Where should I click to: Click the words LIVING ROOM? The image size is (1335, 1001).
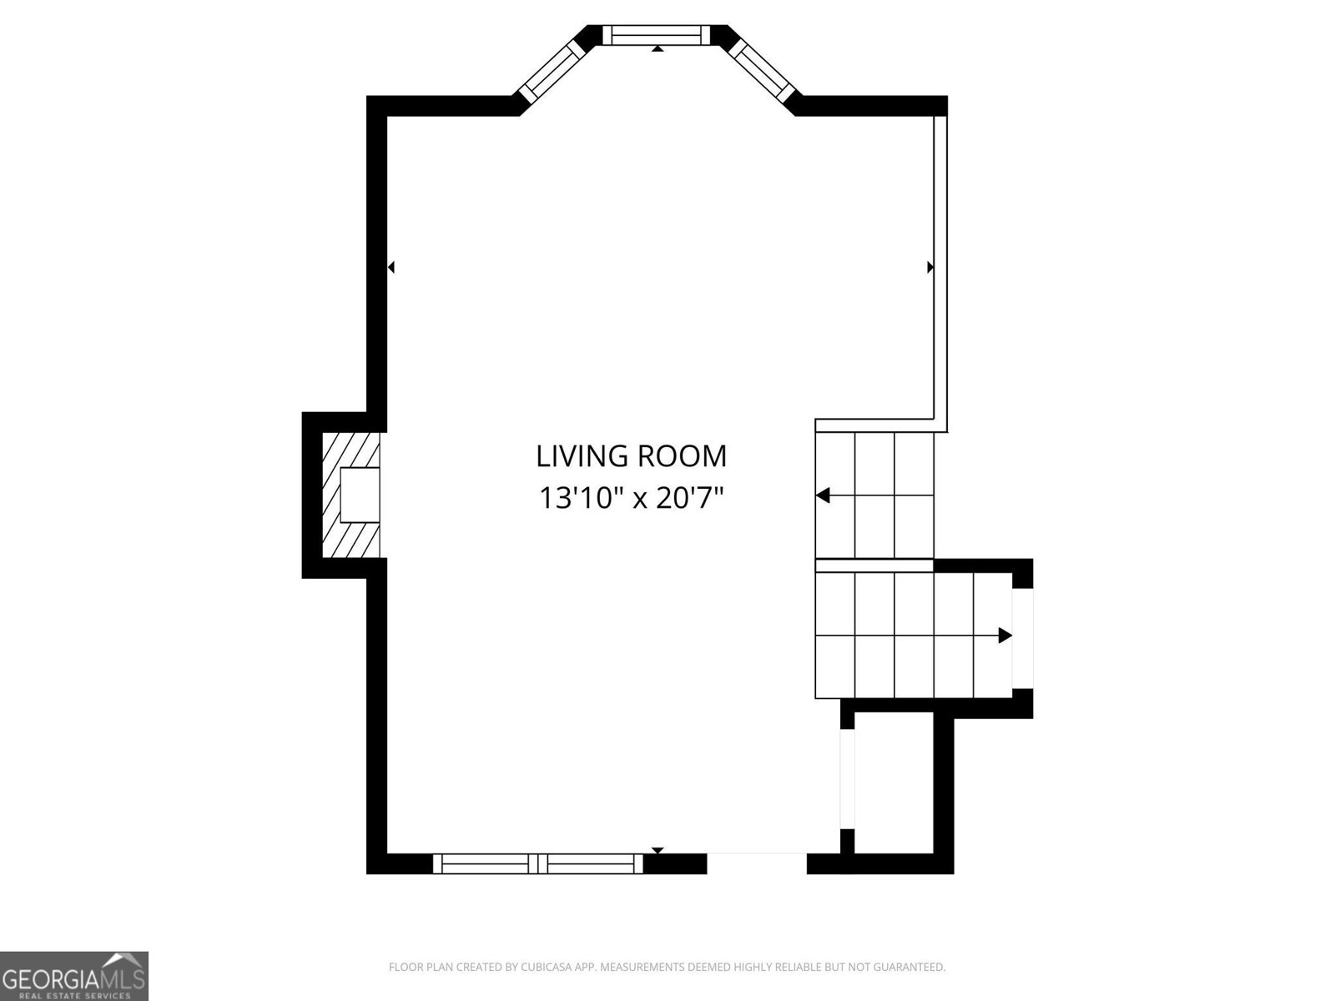coord(631,456)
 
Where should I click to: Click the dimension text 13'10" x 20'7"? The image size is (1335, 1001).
coord(632,498)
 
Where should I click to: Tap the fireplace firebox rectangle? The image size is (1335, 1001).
coord(360,495)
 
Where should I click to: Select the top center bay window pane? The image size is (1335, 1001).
coord(657,35)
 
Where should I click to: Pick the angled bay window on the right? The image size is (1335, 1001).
coord(762,70)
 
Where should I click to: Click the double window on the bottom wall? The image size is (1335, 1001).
coord(537,863)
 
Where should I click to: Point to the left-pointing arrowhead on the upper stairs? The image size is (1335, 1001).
coord(823,495)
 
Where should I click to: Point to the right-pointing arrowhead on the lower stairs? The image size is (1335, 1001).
coord(1005,636)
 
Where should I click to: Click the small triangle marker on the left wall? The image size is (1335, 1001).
coord(391,267)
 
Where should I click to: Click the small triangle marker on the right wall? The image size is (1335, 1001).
coord(930,267)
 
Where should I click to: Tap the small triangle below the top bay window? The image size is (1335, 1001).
coord(657,48)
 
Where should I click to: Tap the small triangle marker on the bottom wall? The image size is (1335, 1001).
coord(657,851)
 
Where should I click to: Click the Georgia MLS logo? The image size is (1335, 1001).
coord(73,976)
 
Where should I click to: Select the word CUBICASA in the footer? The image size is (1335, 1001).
coord(542,967)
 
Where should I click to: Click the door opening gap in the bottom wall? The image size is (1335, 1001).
coord(757,863)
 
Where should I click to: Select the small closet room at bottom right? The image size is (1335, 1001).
coord(894,782)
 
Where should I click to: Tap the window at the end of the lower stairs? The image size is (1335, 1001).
coord(1022,638)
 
